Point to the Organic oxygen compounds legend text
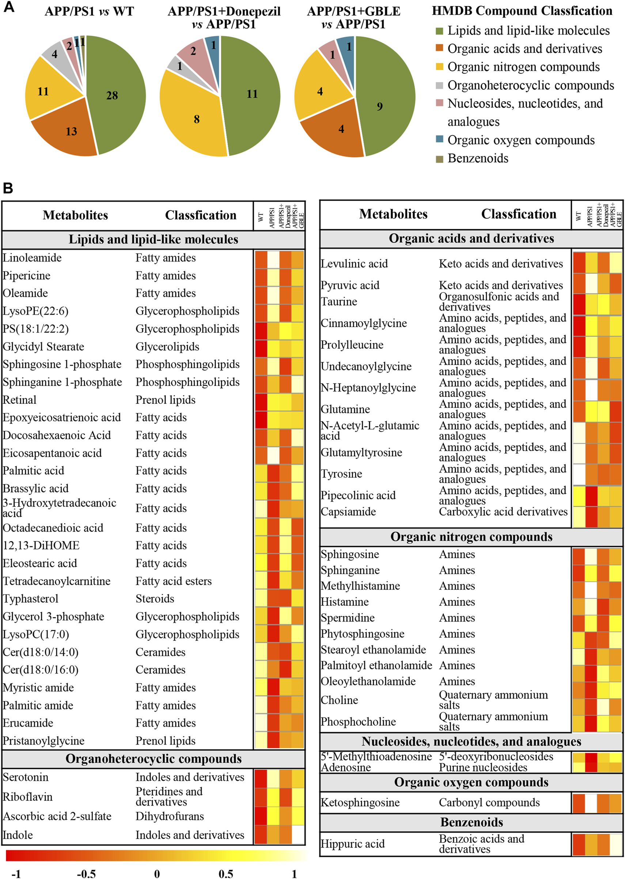coord(521,140)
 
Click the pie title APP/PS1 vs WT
coord(89,12)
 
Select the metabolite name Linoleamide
coord(32,258)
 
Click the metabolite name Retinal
coord(20,400)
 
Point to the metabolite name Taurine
coord(339,302)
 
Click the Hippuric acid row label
coord(353,844)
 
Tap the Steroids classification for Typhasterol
coord(155,599)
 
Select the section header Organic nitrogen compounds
coord(471,537)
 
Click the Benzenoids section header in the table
coord(471,822)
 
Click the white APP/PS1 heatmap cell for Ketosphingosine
coord(591,803)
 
